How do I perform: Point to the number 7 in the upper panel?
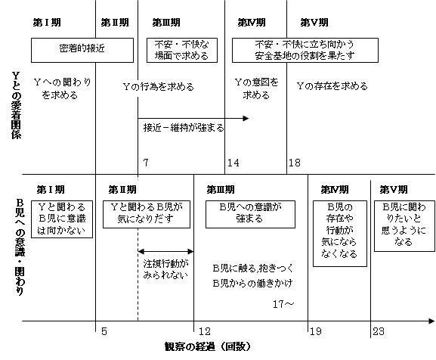(x=146, y=163)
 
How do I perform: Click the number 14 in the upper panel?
(x=233, y=163)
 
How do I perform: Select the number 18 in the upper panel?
(x=295, y=163)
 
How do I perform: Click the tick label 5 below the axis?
(x=104, y=331)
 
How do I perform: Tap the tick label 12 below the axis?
(x=204, y=331)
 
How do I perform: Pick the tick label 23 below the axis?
(x=379, y=331)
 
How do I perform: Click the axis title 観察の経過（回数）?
(x=208, y=346)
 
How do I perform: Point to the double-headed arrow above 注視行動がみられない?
(x=165, y=252)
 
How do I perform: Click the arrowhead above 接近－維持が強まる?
(x=246, y=119)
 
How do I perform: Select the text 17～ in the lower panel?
(x=283, y=304)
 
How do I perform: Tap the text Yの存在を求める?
(x=332, y=86)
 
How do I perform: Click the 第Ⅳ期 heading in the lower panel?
(x=335, y=190)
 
